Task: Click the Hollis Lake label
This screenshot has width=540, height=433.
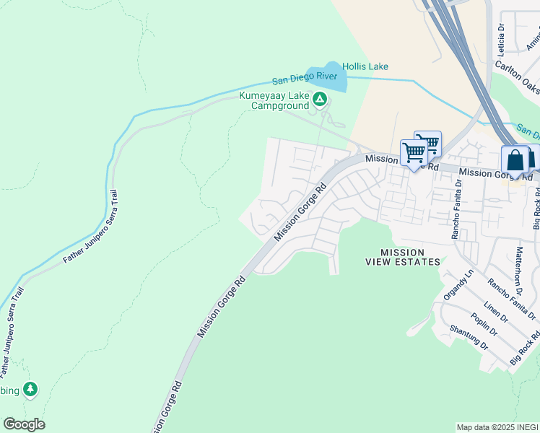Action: click(365, 66)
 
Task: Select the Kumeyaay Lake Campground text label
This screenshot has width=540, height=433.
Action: click(274, 101)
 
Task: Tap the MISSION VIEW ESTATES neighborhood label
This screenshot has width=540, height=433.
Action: click(402, 257)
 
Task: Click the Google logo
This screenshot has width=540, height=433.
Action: click(24, 424)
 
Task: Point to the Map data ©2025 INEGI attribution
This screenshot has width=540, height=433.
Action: click(497, 427)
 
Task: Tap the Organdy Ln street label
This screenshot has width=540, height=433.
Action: click(458, 289)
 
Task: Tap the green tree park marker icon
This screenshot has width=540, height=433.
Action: click(30, 390)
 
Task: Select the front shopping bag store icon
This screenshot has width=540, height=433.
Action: click(515, 161)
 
